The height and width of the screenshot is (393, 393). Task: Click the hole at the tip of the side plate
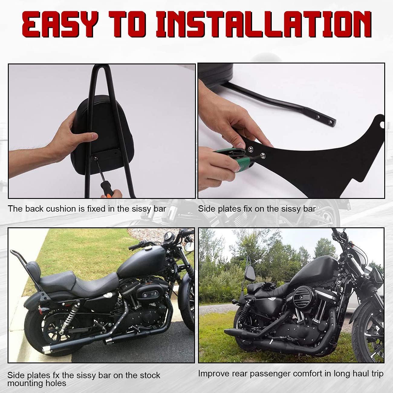[x=382, y=124]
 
